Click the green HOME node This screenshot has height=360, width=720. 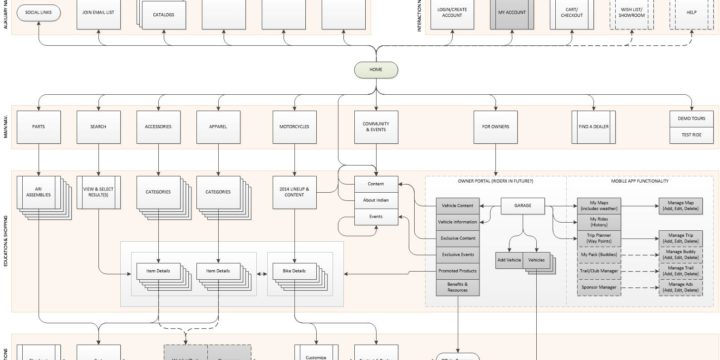pyautogui.click(x=376, y=69)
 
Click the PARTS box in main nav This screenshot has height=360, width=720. pyautogui.click(x=38, y=128)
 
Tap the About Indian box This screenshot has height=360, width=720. pyautogui.click(x=376, y=201)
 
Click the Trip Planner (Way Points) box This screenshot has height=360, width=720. pyautogui.click(x=599, y=237)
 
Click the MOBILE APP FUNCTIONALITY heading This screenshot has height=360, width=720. pyautogui.click(x=634, y=181)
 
